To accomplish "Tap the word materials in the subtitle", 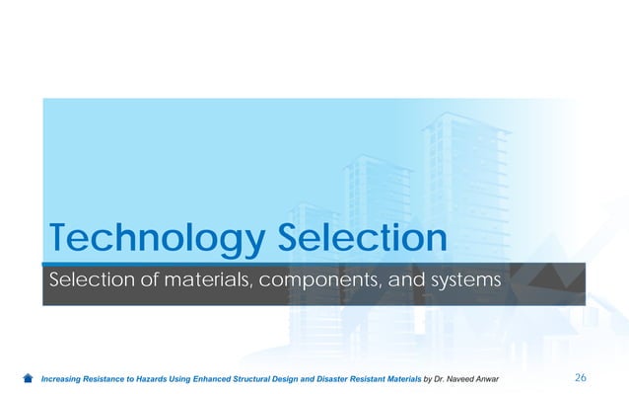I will tap(202, 283).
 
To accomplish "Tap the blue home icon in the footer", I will tap(29, 378).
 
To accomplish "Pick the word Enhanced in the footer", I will tap(213, 378).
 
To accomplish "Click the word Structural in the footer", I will tap(258, 378).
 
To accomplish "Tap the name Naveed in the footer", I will tap(465, 378).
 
